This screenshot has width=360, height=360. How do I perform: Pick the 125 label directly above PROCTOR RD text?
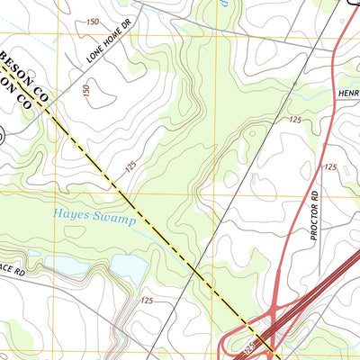tap(330, 166)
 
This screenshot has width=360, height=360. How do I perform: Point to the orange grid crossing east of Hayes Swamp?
tap(217, 192)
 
